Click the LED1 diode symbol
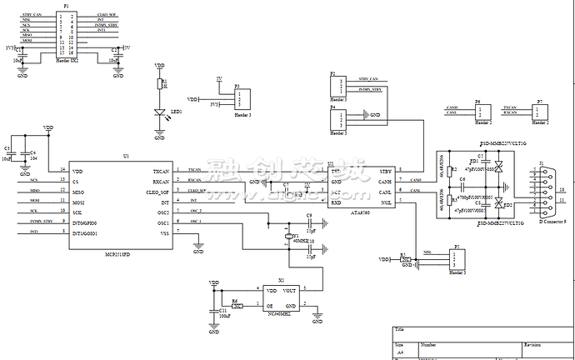[160, 112]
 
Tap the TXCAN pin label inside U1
[161, 170]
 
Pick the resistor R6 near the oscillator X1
[237, 305]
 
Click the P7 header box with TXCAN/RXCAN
[541, 111]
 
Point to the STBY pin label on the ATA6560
[385, 170]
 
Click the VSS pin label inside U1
[163, 233]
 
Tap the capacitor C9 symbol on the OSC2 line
[308, 223]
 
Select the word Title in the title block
[401, 331]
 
